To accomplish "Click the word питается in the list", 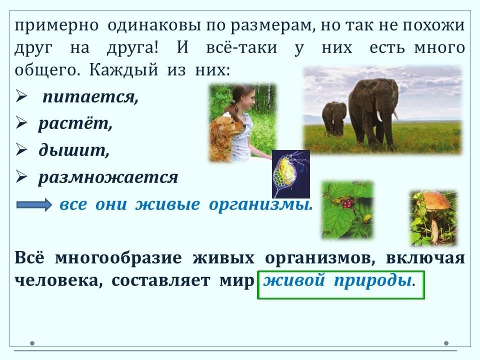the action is [90, 97].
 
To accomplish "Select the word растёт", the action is [75, 123].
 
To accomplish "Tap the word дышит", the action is [74, 150].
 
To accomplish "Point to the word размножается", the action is [108, 177].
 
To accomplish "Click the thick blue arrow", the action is [34, 204].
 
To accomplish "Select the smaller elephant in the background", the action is [334, 118].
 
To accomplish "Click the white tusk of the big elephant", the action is [379, 115].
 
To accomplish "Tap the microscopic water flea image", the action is [291, 174].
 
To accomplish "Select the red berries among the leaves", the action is [347, 203].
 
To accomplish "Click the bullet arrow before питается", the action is [21, 97].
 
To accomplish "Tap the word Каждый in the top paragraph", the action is [123, 70].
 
